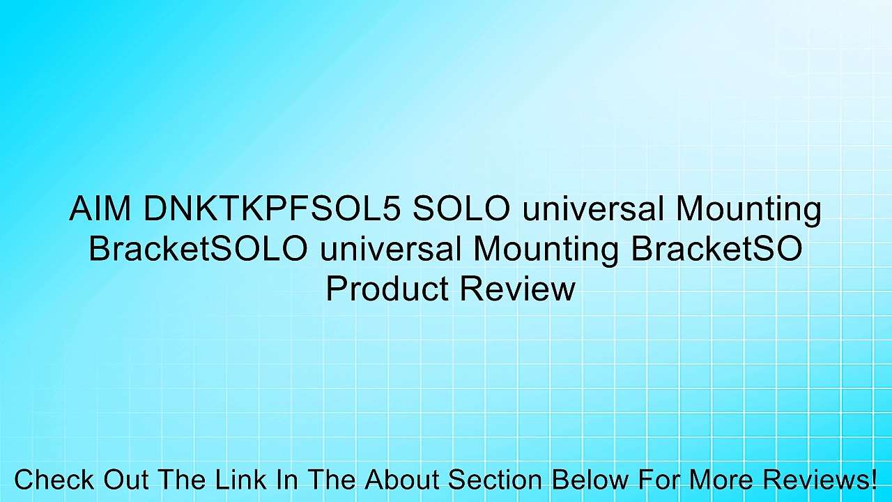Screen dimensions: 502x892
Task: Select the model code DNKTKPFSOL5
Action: [271, 210]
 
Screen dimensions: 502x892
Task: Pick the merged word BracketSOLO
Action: [198, 249]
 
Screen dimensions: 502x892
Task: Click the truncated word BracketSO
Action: [716, 249]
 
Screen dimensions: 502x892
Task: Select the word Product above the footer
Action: [387, 288]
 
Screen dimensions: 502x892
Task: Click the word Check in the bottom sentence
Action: [54, 480]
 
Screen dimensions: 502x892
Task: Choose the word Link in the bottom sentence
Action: [235, 480]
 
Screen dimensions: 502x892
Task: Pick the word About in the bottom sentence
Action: [403, 480]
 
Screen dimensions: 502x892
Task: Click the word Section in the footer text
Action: [494, 480]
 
